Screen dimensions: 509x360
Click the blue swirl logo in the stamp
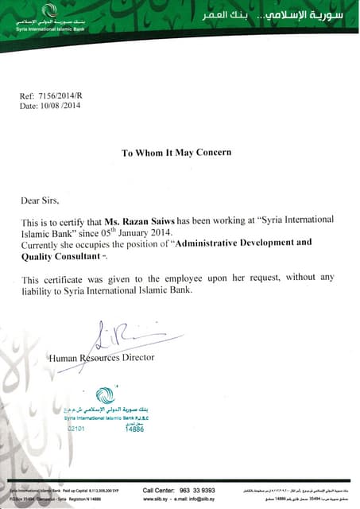tap(104, 394)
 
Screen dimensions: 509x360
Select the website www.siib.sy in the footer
tap(160, 501)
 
